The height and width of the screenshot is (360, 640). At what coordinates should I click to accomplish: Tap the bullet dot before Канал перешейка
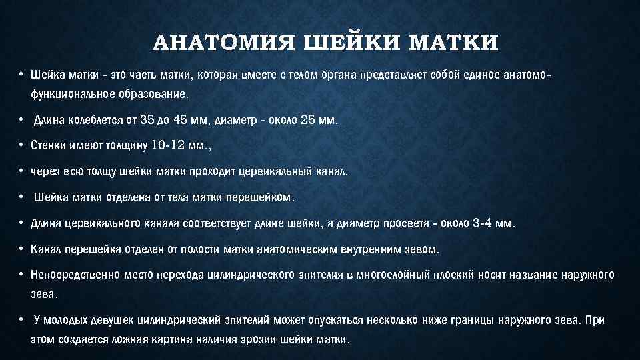[22, 249]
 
